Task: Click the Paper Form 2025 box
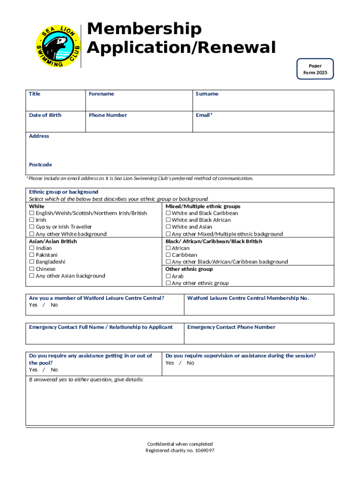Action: (315, 69)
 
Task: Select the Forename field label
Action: (101, 94)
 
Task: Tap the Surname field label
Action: (207, 94)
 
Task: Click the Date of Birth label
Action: (45, 115)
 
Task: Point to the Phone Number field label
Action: (108, 115)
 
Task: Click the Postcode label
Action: (40, 165)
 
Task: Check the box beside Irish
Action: (31, 220)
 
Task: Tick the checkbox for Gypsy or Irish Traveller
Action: (31, 227)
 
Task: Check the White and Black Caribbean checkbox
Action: (168, 213)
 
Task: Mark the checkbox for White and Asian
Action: (168, 227)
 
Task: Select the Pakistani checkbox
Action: (31, 255)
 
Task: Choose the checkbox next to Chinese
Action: (31, 269)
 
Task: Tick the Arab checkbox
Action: (168, 276)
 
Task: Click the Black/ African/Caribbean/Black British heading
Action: (214, 241)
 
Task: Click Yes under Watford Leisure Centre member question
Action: (33, 305)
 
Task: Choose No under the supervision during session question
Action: (190, 363)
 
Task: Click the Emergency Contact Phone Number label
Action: (231, 327)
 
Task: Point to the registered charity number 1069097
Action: (180, 450)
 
